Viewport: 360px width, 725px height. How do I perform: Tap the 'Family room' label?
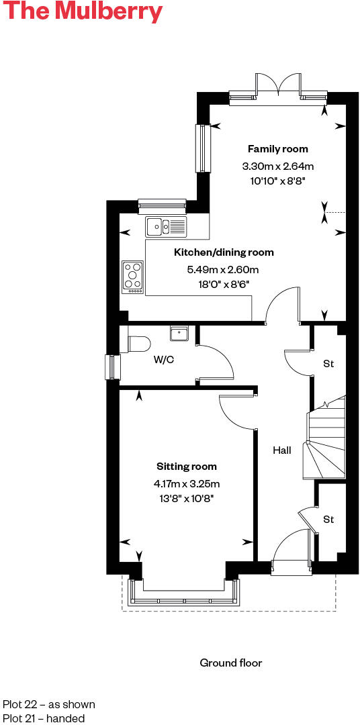click(277, 149)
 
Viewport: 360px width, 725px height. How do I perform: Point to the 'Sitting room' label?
click(187, 467)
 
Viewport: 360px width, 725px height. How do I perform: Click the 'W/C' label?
click(164, 360)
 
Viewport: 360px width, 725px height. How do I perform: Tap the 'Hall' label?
click(282, 450)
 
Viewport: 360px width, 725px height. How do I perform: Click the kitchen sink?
click(166, 227)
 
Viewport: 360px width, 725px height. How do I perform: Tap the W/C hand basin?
click(179, 333)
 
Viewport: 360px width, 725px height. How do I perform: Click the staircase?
click(326, 440)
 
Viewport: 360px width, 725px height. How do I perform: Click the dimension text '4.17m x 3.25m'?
click(187, 483)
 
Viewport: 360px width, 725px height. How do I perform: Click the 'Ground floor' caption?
click(231, 663)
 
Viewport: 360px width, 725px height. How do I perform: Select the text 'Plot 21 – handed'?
click(44, 718)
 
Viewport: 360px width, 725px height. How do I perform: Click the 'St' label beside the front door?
click(328, 520)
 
